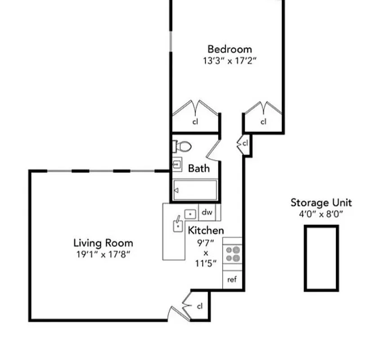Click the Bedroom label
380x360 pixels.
pyautogui.click(x=229, y=49)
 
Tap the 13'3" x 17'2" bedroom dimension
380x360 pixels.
pyautogui.click(x=229, y=60)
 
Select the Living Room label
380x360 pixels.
pyautogui.click(x=103, y=243)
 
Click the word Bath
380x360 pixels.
pyautogui.click(x=198, y=168)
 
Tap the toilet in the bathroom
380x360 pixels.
pyautogui.click(x=182, y=146)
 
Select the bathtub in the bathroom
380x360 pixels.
pyautogui.click(x=195, y=190)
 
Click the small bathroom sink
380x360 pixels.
pyautogui.click(x=177, y=165)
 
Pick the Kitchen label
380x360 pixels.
pyautogui.click(x=206, y=231)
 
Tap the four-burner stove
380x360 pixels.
pyautogui.click(x=232, y=254)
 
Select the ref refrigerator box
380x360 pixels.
pyautogui.click(x=232, y=279)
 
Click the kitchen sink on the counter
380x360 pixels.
pyautogui.click(x=179, y=225)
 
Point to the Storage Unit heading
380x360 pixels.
pyautogui.click(x=321, y=202)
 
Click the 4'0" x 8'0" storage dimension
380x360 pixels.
pyautogui.click(x=321, y=214)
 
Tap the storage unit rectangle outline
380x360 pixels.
pyautogui.click(x=321, y=258)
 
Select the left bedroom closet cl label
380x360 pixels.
pyautogui.click(x=195, y=121)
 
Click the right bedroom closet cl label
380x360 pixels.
pyautogui.click(x=264, y=121)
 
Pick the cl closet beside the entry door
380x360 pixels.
pyautogui.click(x=200, y=306)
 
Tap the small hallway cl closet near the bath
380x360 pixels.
pyautogui.click(x=245, y=144)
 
